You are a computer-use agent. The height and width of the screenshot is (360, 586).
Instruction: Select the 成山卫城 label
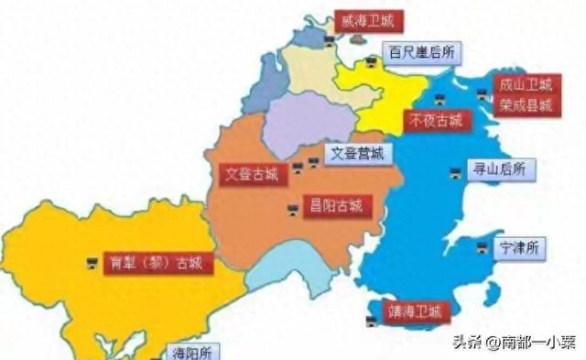point(525,85)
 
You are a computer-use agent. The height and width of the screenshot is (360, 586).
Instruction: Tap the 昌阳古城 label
point(336,205)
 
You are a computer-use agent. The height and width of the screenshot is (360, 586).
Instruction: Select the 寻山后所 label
point(499,169)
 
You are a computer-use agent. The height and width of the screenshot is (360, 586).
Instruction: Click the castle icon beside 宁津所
point(483,246)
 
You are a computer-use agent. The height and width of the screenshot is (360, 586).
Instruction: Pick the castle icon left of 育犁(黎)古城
point(92,263)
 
